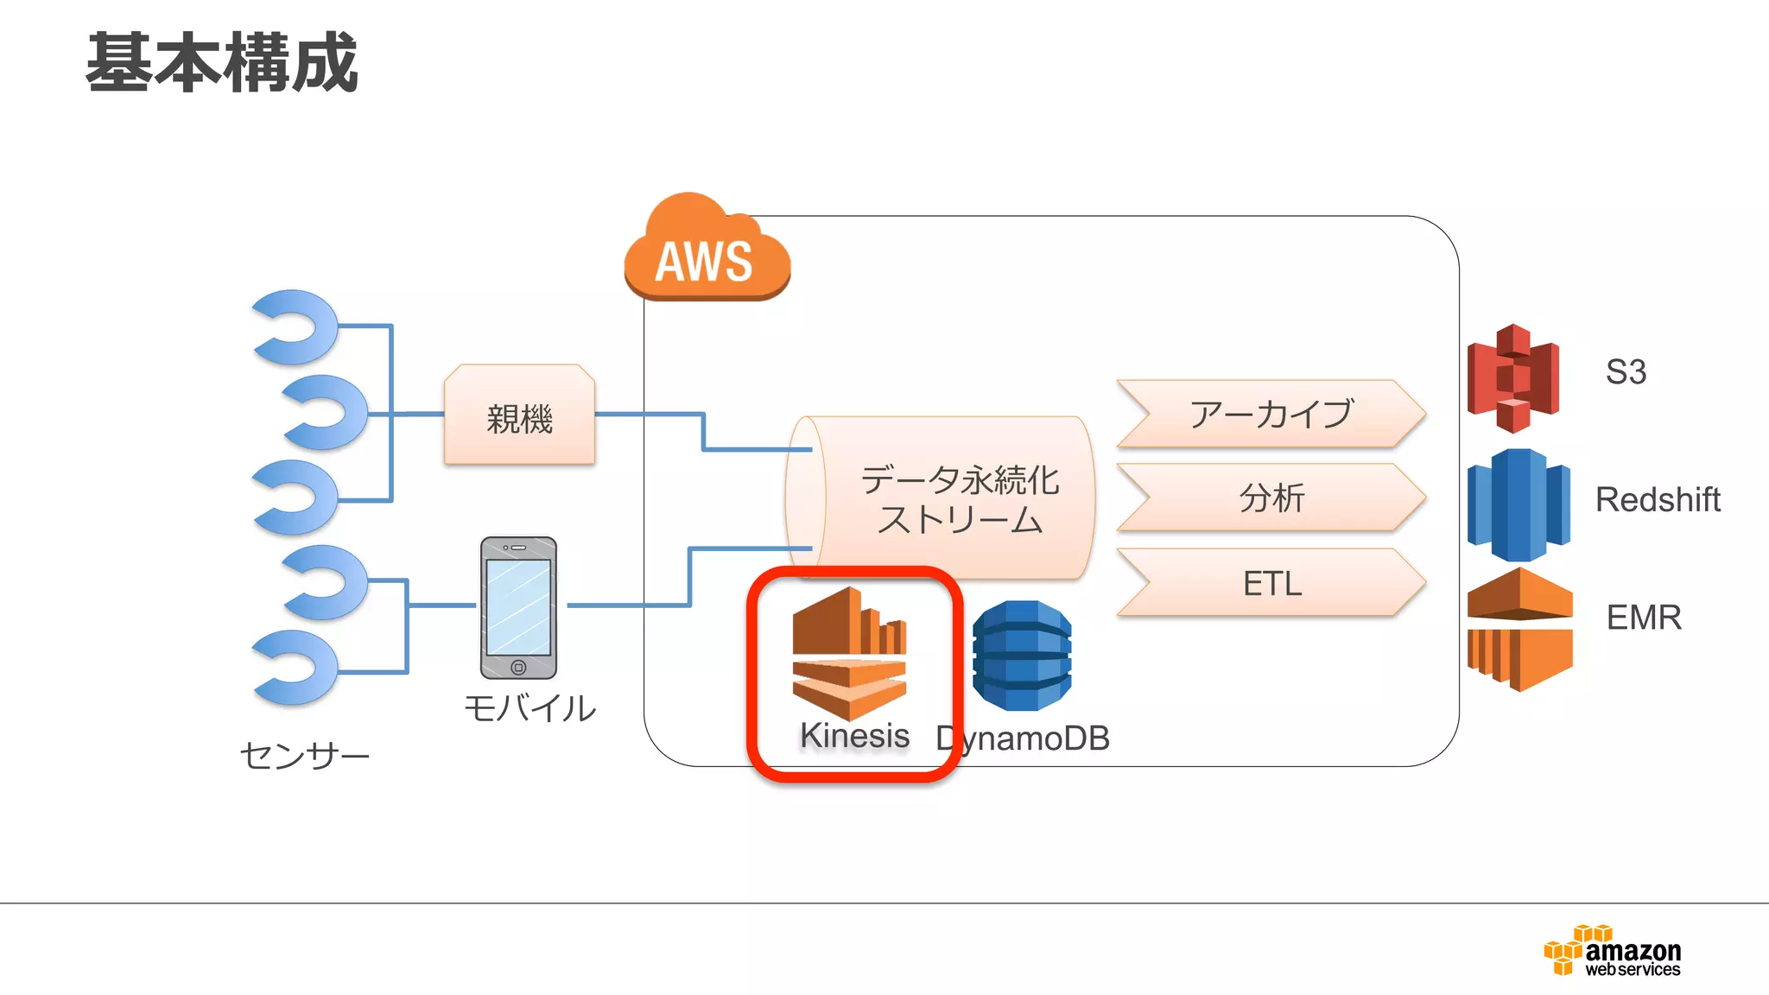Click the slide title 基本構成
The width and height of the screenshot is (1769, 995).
(222, 62)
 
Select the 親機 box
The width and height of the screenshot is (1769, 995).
(519, 417)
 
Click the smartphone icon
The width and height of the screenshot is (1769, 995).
(518, 607)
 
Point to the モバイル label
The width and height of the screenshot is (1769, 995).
(529, 708)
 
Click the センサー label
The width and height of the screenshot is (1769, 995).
(304, 756)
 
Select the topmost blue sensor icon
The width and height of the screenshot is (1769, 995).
(296, 326)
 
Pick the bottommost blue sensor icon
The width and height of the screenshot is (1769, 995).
(296, 667)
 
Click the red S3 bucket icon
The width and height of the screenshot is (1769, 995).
(1513, 377)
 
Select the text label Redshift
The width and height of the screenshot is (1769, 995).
(1657, 499)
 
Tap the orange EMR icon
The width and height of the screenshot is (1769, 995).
(1519, 629)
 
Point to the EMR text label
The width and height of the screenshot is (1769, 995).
(1643, 618)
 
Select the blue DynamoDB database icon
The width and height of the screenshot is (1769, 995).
(1022, 656)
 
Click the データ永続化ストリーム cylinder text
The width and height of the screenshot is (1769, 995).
(959, 499)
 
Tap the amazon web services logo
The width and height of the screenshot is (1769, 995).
(1612, 951)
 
